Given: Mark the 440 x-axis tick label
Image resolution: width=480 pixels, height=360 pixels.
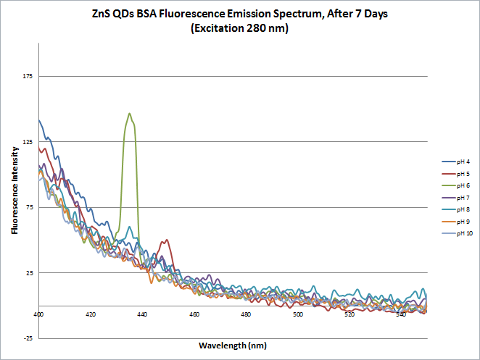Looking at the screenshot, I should pos(142,314).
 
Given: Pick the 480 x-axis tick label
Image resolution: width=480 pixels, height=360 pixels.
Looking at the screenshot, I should pos(246,314).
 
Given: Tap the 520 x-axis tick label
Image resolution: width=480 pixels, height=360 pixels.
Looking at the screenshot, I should pos(349,314).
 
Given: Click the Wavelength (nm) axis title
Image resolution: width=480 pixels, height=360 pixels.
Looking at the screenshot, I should pos(233,346).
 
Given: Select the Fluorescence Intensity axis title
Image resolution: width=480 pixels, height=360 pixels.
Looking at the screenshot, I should pos(15,190).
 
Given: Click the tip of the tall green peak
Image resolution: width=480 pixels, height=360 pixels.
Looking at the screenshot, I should pos(129,113).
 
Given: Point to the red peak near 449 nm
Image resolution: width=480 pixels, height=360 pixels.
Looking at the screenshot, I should pos(167,240).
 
